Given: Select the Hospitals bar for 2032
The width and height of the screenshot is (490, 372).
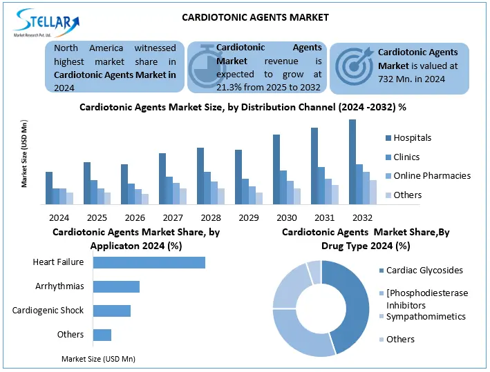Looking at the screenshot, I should (352, 161).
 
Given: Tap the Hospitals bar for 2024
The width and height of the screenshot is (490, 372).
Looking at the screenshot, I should (49, 188).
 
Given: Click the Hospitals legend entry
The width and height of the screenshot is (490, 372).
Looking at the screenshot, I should (412, 138).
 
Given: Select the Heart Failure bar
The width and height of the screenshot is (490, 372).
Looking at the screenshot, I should (149, 262).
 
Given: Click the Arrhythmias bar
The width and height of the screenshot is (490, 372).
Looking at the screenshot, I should (116, 286).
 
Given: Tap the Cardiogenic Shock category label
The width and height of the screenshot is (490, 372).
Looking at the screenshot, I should (48, 311).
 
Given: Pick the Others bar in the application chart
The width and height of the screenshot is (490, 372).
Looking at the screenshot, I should (102, 335).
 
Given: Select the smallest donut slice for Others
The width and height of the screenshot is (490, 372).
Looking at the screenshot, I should (314, 271).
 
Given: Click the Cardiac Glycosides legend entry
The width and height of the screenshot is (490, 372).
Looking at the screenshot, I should (424, 271).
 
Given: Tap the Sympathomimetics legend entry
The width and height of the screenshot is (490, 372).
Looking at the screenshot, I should (426, 317).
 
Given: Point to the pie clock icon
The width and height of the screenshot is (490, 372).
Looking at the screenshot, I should (202, 68).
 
